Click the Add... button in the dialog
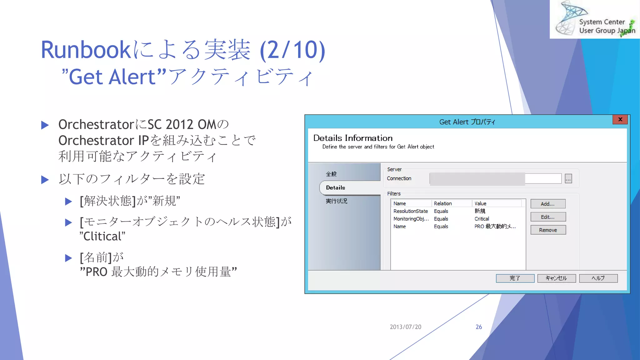pos(548,204)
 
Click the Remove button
pos(548,230)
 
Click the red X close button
pos(620,119)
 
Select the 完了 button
pos(515,278)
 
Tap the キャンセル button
pos(556,278)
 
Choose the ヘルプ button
pos(598,278)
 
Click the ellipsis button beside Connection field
pos(568,179)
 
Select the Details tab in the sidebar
pos(336,187)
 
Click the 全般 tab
pos(331,174)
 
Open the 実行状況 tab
pos(337,201)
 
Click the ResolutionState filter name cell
pos(410,211)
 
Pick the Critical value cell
pos(482,219)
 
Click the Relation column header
pos(443,203)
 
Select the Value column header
pos(480,203)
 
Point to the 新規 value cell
pos(480,211)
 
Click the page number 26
pos(479,327)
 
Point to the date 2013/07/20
pos(405,327)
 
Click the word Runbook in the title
pos(85,50)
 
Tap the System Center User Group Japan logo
pos(595,19)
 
